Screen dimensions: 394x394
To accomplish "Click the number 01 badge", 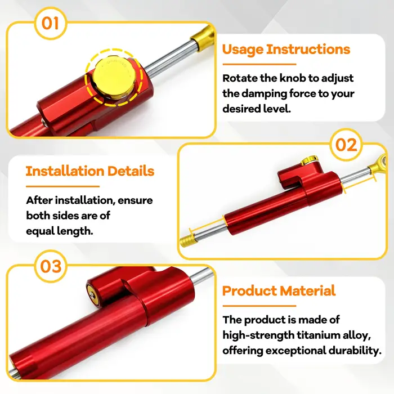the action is tap(51, 23).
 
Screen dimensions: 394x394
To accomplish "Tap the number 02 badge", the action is tap(346, 145).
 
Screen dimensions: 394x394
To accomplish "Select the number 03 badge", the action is tap(51, 266).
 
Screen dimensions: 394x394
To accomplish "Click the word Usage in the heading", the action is tap(243, 50).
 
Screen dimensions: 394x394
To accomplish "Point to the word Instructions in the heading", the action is tap(308, 49).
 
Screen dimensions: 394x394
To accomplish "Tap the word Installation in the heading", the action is tap(65, 171).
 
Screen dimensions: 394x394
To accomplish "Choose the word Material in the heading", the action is tap(307, 291).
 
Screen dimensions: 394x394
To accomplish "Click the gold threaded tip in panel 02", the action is tap(187, 241).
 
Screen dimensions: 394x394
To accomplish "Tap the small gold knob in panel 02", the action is tap(310, 160).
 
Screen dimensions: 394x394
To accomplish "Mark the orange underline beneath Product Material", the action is tap(259, 306).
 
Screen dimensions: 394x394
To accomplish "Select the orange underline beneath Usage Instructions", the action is tap(259, 65).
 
